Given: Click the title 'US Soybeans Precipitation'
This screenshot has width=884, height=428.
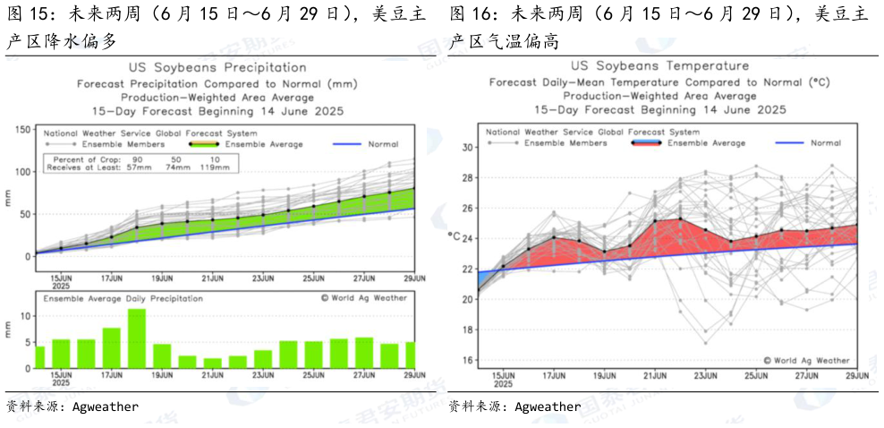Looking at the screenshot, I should (x=219, y=68).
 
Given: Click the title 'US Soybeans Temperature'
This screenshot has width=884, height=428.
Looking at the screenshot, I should (x=659, y=66).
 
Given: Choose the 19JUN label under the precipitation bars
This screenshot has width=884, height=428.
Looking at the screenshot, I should (x=161, y=376).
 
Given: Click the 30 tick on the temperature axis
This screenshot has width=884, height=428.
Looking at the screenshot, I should (x=468, y=147).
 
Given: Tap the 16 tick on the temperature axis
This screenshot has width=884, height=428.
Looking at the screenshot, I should (x=468, y=360).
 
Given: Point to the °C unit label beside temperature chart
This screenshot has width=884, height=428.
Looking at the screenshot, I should (x=455, y=235).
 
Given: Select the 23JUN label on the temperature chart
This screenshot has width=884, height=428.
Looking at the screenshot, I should (x=705, y=375).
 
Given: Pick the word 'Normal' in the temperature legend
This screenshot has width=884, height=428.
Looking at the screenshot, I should (x=825, y=142).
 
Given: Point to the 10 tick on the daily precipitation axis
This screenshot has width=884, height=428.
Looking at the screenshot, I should (x=25, y=316).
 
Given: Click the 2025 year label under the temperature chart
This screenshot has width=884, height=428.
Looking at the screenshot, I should (x=502, y=383).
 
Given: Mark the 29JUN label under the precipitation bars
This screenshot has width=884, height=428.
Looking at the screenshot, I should (x=412, y=376).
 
